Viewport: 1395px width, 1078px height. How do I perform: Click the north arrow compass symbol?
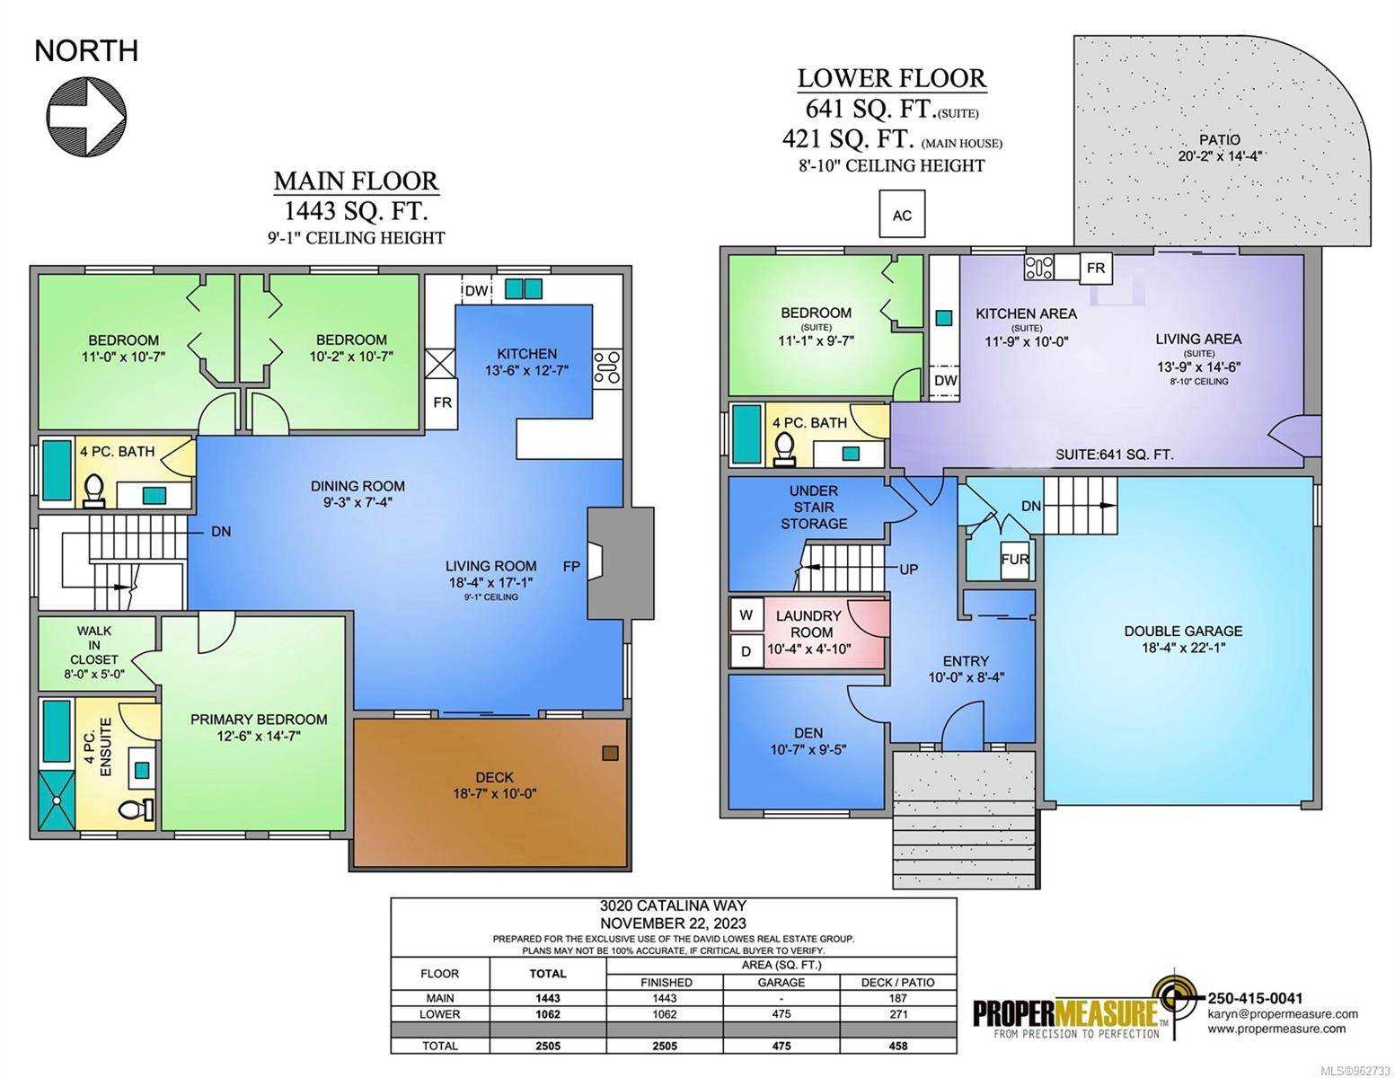tap(86, 116)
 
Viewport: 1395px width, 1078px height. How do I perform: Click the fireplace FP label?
tap(571, 566)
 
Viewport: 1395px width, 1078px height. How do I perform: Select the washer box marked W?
tap(746, 615)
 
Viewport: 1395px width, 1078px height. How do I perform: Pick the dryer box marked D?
tap(746, 651)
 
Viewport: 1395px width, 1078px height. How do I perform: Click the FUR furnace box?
tap(1015, 560)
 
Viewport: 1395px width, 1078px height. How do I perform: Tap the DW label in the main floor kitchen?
tap(476, 291)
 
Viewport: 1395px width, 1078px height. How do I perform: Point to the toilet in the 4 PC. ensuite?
tap(137, 808)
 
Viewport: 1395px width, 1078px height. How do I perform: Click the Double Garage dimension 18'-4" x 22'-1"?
tap(1183, 648)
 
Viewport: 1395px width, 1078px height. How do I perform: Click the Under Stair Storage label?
tap(813, 508)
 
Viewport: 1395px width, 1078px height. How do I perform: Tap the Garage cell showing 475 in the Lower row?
tap(781, 1014)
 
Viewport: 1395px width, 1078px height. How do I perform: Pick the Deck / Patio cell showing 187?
tap(898, 998)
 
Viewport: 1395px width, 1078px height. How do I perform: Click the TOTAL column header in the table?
tap(548, 974)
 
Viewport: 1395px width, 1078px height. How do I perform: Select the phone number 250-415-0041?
tap(1256, 998)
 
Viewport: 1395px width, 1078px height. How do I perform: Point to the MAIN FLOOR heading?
tap(357, 181)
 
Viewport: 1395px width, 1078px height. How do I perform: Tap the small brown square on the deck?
tap(610, 753)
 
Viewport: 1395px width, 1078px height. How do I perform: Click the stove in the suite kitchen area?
tap(1039, 268)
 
